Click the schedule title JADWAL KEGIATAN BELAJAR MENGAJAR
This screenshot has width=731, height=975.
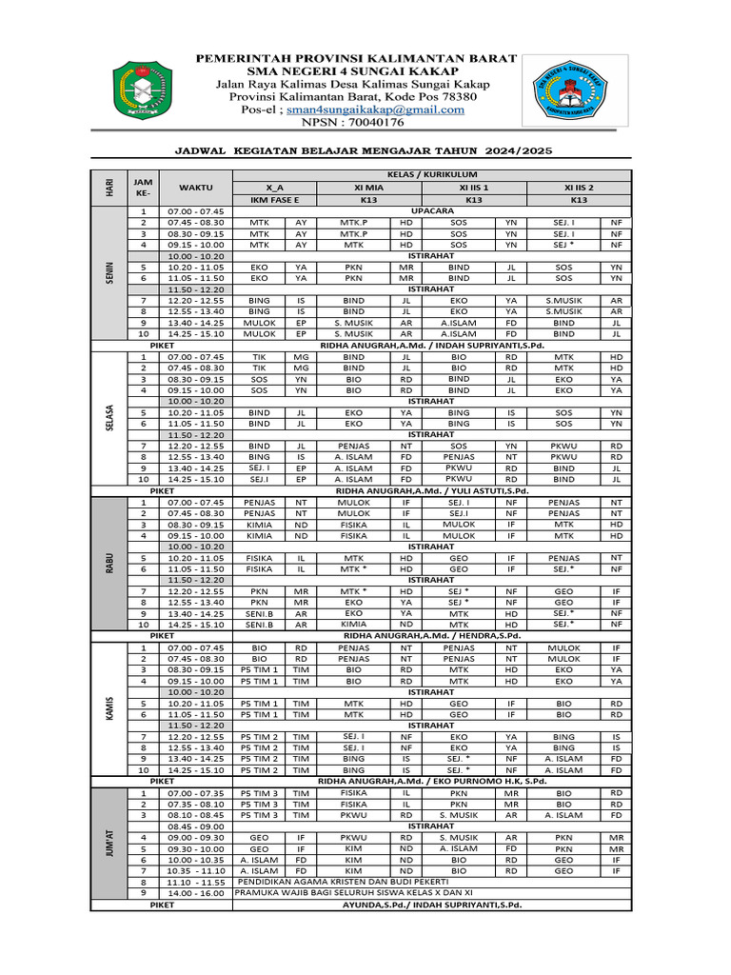(365, 151)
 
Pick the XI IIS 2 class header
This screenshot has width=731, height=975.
(579, 188)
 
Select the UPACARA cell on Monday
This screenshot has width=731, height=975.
(431, 210)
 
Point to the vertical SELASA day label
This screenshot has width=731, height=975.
(110, 417)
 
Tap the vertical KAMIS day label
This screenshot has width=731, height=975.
(110, 709)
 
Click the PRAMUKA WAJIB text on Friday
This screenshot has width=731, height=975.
(351, 893)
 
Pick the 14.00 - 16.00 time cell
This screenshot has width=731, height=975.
(195, 893)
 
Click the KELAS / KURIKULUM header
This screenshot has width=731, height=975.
(431, 175)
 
